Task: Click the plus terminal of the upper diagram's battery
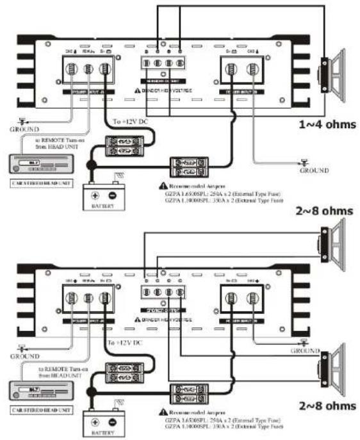(x=95, y=195)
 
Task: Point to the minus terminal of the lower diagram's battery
(x=113, y=423)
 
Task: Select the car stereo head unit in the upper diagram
(x=37, y=166)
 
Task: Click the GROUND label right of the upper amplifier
(x=314, y=171)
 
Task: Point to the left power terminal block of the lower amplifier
(x=88, y=299)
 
